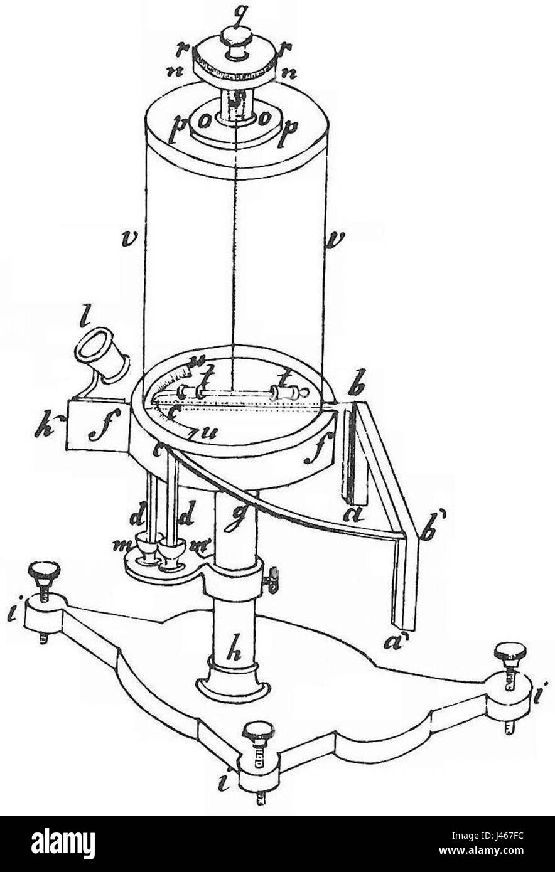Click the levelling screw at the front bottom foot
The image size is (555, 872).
(258, 738)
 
